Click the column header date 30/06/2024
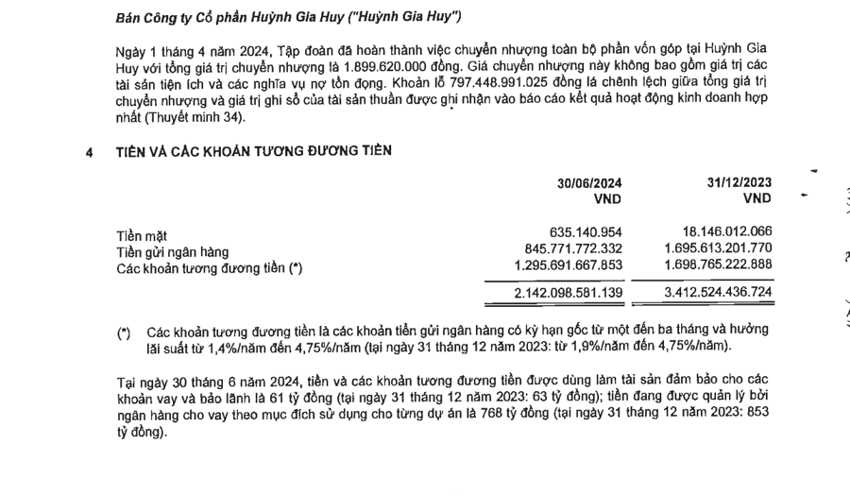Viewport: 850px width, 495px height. click(589, 183)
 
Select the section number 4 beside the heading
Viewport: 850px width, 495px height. click(89, 151)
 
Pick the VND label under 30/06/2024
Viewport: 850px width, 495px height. click(607, 198)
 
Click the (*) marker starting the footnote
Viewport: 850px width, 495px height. click(124, 333)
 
